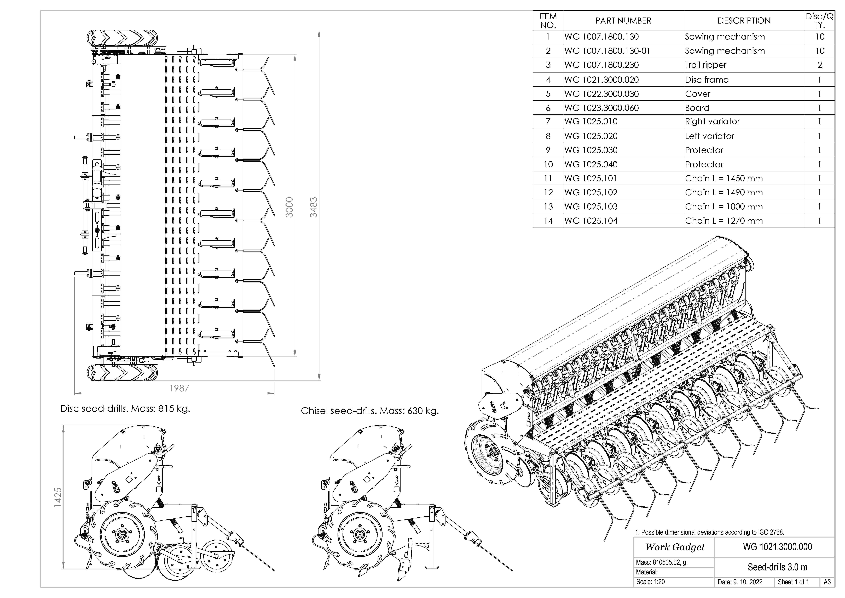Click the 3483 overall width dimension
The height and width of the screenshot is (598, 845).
[313, 207]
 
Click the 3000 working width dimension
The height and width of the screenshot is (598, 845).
[290, 207]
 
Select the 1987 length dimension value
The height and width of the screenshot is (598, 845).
[179, 388]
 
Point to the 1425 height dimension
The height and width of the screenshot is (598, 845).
[58, 498]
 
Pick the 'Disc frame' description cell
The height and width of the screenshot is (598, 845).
[707, 80]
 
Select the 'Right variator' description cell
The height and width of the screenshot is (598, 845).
[712, 121]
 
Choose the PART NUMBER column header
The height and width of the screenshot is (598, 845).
[623, 21]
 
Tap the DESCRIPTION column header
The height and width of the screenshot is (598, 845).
[744, 21]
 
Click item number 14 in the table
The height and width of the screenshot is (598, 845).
[548, 221]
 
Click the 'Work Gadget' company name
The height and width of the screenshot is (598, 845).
[675, 547]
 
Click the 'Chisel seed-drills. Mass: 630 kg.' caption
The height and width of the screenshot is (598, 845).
[370, 411]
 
